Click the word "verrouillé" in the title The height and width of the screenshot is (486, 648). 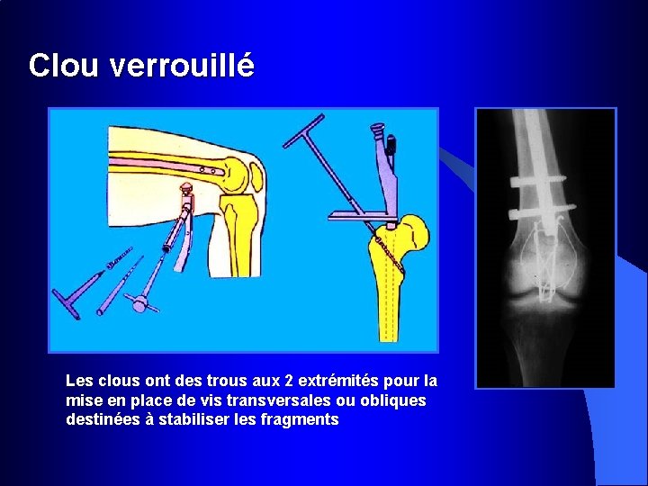(181, 66)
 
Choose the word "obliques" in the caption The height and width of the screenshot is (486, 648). (392, 400)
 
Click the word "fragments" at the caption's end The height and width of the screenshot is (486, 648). (299, 419)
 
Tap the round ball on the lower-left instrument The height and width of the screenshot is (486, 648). (139, 304)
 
